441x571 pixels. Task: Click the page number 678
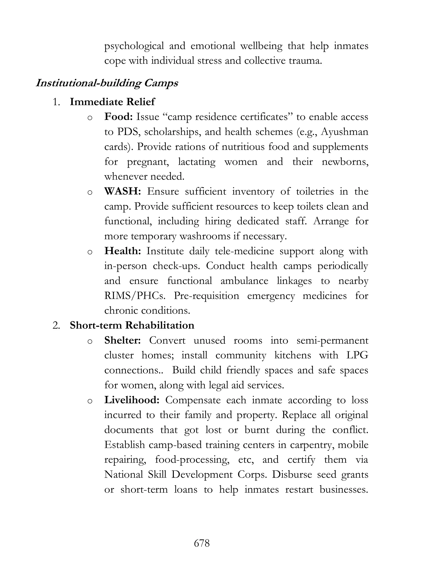[x=202, y=543]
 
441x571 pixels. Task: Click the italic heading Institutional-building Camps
[x=107, y=83]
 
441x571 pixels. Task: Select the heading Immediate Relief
[x=112, y=102]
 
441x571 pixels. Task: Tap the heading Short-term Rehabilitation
[x=132, y=325]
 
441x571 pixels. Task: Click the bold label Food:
[x=119, y=117]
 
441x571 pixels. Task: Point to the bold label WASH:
[x=123, y=191]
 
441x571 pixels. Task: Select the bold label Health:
[x=123, y=251]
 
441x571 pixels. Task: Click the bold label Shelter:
[x=123, y=340]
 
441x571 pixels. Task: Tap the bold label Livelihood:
[x=132, y=400]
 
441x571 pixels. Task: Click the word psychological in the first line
[x=134, y=46]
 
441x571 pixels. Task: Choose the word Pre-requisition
[x=206, y=296]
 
